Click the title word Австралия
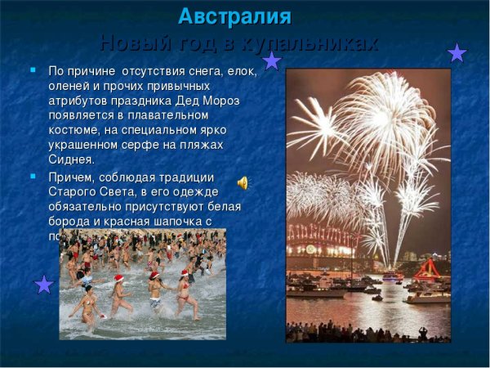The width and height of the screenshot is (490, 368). tap(234, 16)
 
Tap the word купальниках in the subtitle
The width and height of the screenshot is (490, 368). tap(316, 43)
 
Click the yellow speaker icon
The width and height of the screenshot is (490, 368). tap(243, 182)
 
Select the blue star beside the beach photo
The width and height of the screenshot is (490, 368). tap(44, 285)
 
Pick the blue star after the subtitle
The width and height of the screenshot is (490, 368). tap(457, 53)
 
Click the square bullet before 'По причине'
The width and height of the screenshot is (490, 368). tap(33, 71)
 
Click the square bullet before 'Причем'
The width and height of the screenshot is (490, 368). tap(33, 176)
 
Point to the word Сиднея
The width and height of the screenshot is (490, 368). tap(72, 159)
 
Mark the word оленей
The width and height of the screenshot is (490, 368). tap(69, 86)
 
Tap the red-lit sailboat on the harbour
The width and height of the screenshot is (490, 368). tap(426, 268)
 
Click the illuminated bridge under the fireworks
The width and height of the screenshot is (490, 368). tap(327, 237)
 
